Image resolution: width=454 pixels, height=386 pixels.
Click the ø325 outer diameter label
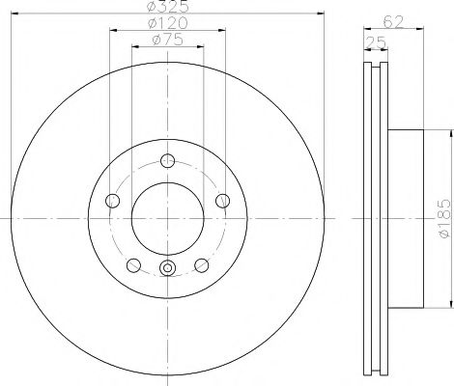(168, 7)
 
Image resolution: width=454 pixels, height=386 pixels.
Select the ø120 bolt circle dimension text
(168, 23)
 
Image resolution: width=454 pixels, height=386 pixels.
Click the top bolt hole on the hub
(168, 161)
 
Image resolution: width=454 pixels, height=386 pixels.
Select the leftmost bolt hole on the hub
(111, 201)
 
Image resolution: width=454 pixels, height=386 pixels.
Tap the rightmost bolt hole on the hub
(224, 201)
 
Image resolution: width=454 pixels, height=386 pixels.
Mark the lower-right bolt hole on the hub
(202, 265)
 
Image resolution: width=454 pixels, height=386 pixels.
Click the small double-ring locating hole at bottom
(168, 269)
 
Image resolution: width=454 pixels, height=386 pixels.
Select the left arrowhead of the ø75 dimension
(131, 46)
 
